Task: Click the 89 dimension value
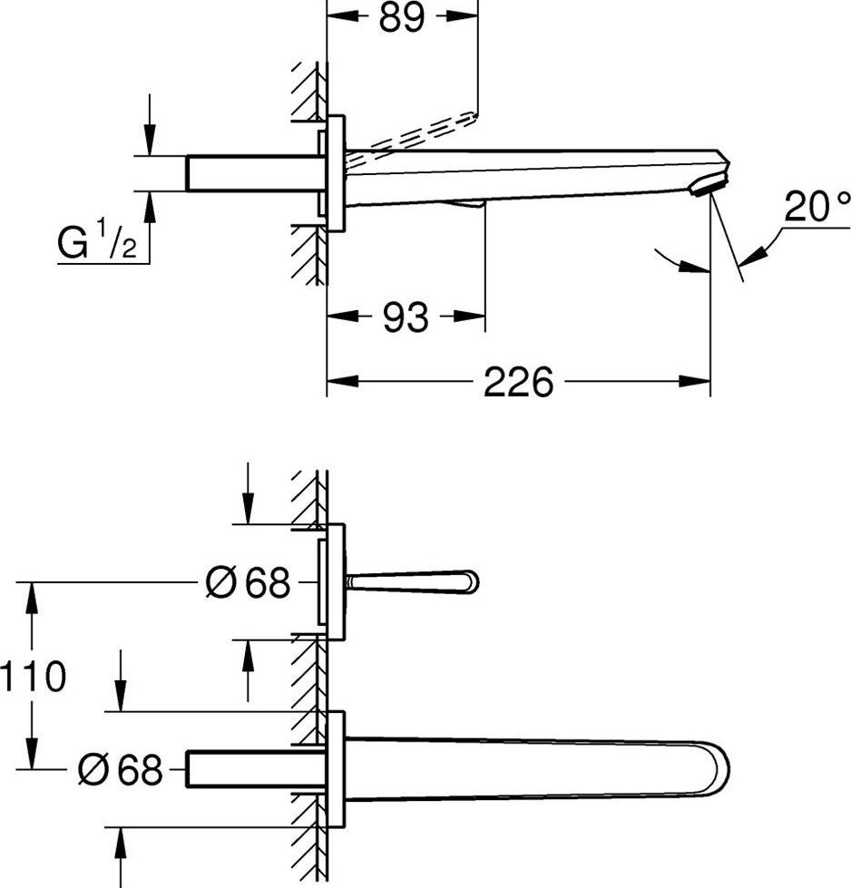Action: click(402, 16)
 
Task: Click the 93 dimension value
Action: click(406, 317)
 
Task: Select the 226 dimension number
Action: click(518, 382)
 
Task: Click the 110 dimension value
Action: click(34, 676)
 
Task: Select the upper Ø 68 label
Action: click(248, 582)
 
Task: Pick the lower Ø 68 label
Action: click(121, 769)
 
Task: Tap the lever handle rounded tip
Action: click(472, 582)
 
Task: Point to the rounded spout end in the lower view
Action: click(718, 769)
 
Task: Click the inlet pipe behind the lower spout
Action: click(256, 769)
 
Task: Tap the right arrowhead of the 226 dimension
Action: click(695, 381)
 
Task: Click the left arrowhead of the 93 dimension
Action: click(343, 316)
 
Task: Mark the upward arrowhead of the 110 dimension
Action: click(33, 599)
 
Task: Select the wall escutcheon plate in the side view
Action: click(336, 173)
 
